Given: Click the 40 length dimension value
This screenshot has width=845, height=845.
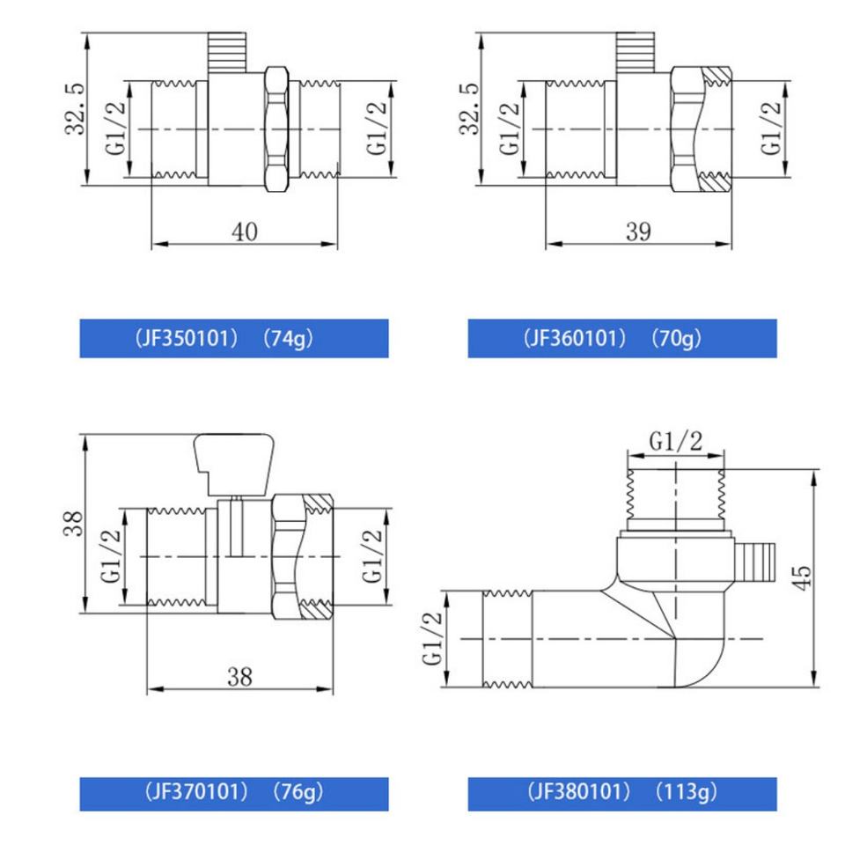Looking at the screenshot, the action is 245,231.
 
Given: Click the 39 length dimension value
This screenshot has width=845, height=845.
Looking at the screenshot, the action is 639,231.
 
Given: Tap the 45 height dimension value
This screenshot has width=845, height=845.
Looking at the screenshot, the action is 803,577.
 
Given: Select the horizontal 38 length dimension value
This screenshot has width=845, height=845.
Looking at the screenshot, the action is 239,677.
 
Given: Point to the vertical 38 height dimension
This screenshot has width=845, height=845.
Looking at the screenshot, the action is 73,523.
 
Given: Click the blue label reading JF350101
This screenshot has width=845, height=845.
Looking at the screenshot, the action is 234,338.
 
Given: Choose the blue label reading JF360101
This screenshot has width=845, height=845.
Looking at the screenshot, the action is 622,338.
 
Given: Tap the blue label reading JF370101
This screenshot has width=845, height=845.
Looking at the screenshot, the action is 234,794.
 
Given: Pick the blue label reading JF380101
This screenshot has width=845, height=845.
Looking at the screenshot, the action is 622,794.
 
